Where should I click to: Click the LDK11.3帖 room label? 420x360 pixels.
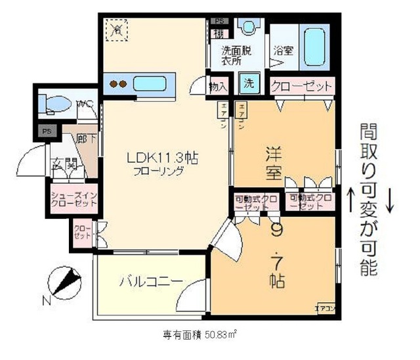(163, 158)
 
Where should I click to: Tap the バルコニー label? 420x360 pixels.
(141, 282)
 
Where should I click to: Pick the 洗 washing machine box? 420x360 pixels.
(249, 83)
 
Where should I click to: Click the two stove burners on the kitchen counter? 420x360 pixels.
(117, 84)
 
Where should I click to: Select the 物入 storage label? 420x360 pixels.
(218, 86)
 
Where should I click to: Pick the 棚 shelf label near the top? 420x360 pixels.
(217, 32)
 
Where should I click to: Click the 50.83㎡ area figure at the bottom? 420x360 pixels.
(220, 334)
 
